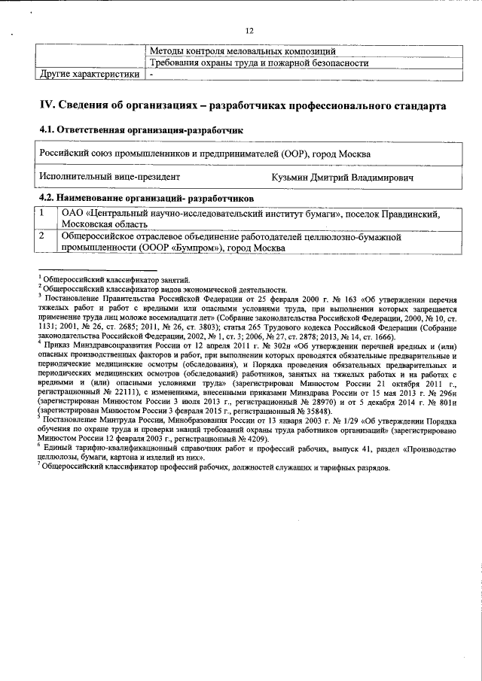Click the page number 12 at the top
(x=249, y=30)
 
